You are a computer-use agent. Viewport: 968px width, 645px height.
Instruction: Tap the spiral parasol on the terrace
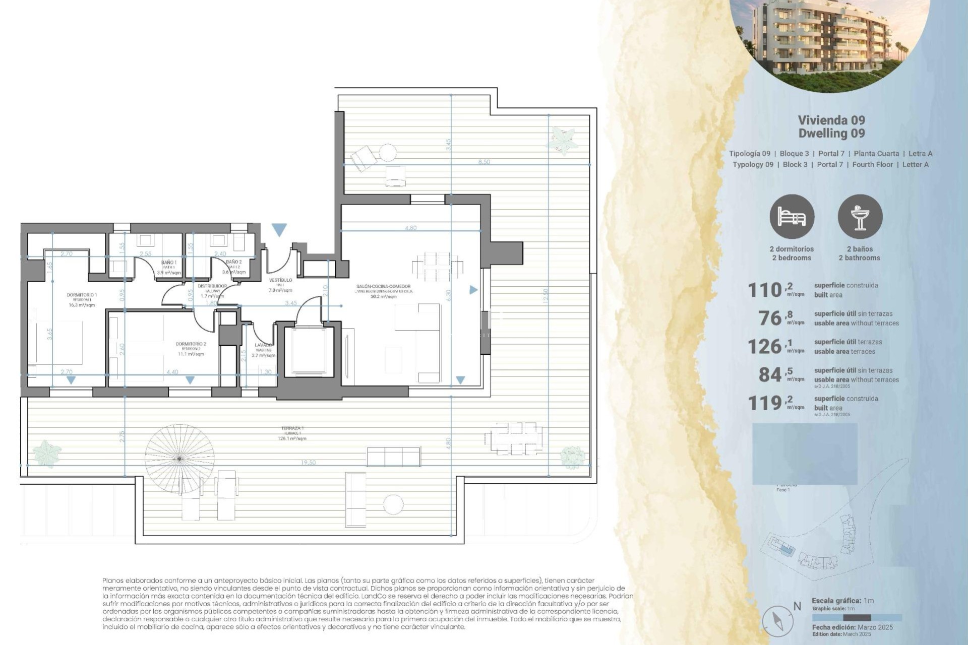(178, 458)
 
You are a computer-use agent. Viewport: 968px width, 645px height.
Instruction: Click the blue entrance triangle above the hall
(279, 230)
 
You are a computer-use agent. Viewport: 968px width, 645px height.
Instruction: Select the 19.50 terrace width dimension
(308, 462)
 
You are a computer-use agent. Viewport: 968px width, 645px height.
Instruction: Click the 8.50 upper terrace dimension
(483, 162)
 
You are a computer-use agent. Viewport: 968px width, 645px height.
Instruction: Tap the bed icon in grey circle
(792, 217)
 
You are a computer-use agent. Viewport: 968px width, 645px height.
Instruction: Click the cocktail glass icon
(860, 217)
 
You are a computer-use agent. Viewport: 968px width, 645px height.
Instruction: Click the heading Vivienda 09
(831, 120)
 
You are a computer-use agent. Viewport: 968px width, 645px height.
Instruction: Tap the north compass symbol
(778, 620)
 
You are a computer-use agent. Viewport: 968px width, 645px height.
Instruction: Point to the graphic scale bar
(857, 617)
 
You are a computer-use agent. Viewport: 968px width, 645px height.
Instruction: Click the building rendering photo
(830, 40)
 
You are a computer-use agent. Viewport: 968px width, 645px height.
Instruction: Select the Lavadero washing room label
(263, 347)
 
